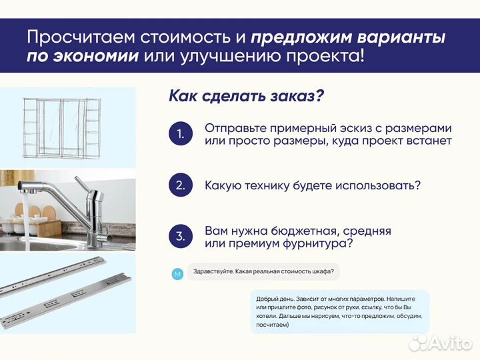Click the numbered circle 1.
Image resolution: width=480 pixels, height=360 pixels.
tap(180, 134)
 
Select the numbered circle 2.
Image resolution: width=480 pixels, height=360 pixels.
tap(180, 185)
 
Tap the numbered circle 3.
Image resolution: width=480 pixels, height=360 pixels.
tap(180, 236)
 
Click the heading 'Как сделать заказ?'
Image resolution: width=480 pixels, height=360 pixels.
tap(247, 96)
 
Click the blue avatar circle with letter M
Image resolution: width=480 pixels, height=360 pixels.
tap(177, 274)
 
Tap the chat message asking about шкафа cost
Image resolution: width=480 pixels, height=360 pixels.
tap(263, 271)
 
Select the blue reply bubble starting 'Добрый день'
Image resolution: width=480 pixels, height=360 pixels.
tap(339, 312)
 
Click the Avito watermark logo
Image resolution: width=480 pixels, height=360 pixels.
tap(440, 343)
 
